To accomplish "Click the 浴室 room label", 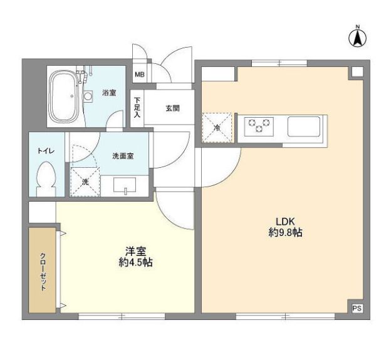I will tap(109, 93).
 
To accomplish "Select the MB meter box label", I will tap(139, 75).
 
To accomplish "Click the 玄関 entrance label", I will tap(173, 108).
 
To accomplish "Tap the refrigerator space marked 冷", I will tap(217, 128).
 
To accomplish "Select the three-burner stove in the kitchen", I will tap(259, 125).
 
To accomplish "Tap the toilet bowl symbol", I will tap(46, 178).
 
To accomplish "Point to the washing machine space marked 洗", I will tap(85, 182).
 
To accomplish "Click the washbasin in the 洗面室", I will tap(125, 186).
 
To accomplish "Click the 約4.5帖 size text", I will tap(136, 263).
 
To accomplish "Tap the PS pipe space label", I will tap(357, 307).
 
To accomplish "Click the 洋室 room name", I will tap(136, 251).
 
